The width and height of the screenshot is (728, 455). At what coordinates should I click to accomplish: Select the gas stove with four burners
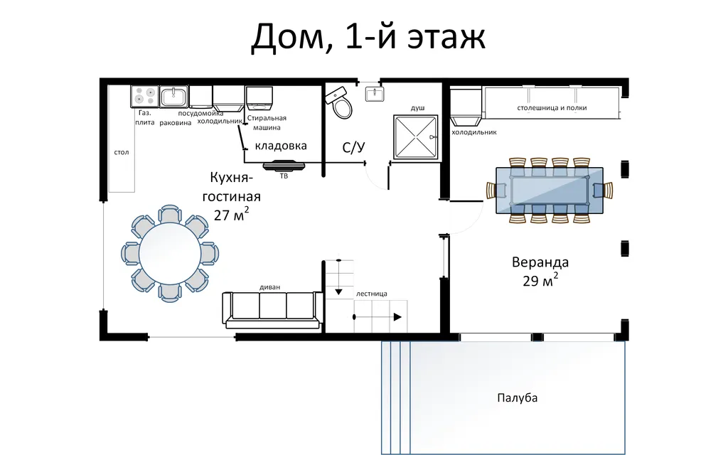[144, 96]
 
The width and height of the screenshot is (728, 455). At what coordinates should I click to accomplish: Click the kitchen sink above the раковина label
[173, 96]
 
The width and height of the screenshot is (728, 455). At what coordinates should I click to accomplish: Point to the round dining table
[170, 253]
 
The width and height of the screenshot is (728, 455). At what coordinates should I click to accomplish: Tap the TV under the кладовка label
[284, 166]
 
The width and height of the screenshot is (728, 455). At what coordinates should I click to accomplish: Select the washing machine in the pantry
[259, 99]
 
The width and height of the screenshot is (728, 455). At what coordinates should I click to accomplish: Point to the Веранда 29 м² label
[540, 270]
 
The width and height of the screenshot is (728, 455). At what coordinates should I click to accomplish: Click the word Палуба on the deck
[518, 397]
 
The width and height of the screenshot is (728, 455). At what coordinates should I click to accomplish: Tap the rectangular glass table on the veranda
[549, 190]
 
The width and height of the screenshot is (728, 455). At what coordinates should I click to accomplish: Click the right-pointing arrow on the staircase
[397, 317]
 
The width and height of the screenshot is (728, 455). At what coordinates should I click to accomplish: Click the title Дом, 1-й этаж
[368, 38]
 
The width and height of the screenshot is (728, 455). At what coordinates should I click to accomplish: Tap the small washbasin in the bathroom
[374, 93]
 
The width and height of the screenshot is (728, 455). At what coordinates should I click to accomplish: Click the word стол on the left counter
[122, 152]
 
